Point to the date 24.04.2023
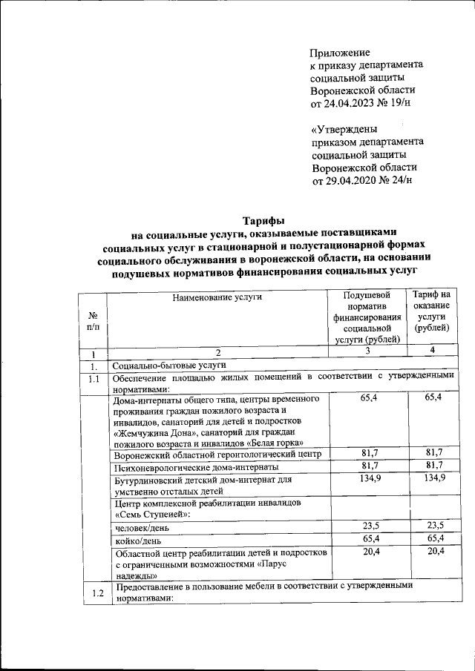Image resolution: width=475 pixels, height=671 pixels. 354,103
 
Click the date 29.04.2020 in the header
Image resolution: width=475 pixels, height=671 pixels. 354,179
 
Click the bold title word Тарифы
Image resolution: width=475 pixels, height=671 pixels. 263,219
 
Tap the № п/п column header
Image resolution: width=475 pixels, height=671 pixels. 92,320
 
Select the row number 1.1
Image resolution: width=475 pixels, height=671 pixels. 93,380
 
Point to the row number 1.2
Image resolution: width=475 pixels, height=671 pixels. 93,592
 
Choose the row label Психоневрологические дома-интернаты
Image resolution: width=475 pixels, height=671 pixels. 197,467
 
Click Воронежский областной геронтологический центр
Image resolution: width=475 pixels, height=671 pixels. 217,454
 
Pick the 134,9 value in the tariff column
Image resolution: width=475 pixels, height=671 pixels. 433,479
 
